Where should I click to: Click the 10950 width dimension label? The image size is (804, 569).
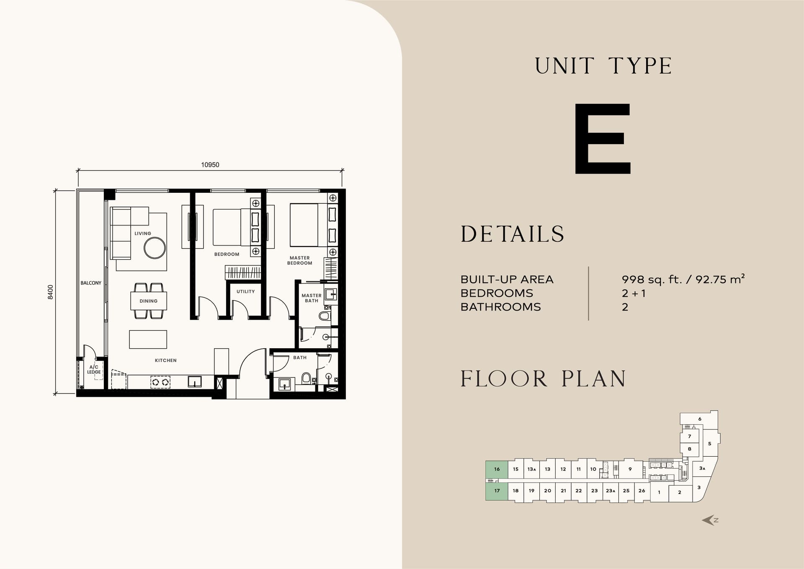tap(210, 165)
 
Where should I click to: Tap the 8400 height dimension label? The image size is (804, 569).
tap(51, 292)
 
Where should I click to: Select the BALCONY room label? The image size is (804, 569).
tap(91, 283)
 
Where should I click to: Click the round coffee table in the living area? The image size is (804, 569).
tap(155, 248)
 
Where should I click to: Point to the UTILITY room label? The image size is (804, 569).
tap(245, 291)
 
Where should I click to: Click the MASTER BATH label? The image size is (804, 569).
tap(312, 298)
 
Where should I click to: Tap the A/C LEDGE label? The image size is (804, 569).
tap(94, 370)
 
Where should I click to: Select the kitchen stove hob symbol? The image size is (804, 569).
tap(160, 382)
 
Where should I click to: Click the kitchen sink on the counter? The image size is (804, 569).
tap(195, 381)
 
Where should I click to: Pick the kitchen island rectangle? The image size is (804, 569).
tap(148, 339)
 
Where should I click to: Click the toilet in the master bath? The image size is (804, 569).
tap(325, 315)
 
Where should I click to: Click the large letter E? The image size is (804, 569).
tap(603, 139)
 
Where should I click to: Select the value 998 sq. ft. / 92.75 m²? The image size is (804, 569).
tap(683, 279)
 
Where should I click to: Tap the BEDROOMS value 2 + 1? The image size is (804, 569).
tap(634, 293)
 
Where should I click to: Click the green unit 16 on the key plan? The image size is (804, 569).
tap(497, 469)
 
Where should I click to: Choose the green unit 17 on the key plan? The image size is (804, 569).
tap(497, 491)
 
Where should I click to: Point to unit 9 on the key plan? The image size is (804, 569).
tap(630, 469)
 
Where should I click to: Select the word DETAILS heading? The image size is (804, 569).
tap(513, 234)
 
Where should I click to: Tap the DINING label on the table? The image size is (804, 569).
tap(149, 301)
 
